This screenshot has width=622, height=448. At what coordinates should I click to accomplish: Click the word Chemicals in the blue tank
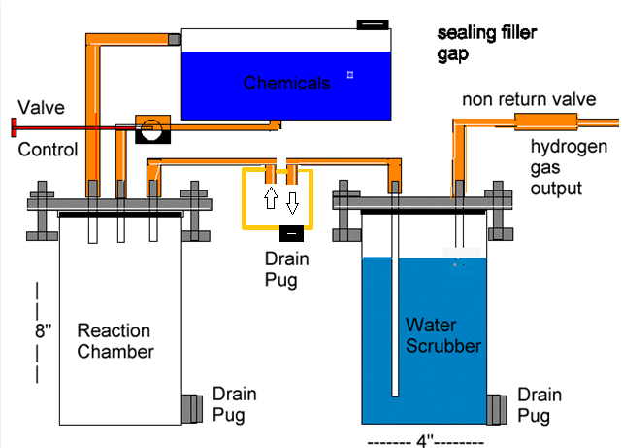pyautogui.click(x=286, y=84)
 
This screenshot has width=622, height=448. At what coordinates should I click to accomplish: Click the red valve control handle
pyautogui.click(x=14, y=126)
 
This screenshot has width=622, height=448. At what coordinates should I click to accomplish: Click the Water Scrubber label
pyautogui.click(x=443, y=334)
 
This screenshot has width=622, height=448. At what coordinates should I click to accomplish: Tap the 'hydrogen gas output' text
pyautogui.click(x=569, y=166)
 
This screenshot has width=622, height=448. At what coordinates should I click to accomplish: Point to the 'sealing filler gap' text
pyautogui.click(x=486, y=44)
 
